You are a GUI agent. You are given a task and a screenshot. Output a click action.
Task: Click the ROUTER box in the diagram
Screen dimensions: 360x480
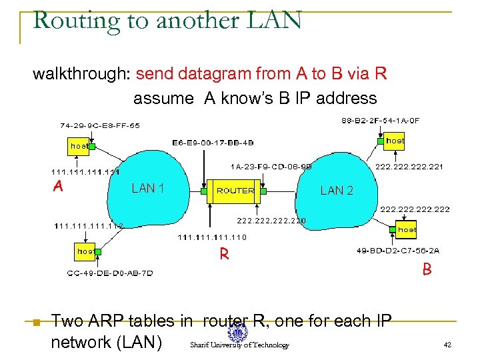tap(235, 191)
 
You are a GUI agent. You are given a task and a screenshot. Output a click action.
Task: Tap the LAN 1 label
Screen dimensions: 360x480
tap(148, 189)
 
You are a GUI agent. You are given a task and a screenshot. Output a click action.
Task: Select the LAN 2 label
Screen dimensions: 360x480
tap(337, 191)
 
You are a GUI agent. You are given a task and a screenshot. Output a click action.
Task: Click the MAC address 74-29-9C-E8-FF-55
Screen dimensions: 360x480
tap(100, 125)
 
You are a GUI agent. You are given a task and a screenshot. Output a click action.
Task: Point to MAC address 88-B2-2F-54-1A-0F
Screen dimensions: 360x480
tap(381, 121)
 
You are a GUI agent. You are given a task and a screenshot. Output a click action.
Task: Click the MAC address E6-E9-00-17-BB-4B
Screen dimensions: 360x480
tap(213, 143)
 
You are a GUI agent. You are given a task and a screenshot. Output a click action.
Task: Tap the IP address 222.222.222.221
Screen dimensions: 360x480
tap(410, 167)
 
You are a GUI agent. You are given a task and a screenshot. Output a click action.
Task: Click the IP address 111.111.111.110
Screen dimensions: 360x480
tap(212, 237)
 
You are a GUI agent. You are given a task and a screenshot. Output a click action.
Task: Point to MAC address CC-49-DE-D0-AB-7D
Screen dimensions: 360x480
tap(110, 273)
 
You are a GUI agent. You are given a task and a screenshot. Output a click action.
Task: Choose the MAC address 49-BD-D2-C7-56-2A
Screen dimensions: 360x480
tap(399, 251)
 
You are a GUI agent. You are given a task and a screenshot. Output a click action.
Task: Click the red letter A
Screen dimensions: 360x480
tap(58, 187)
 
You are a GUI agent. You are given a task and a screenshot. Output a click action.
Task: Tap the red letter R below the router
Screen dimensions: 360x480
tap(225, 254)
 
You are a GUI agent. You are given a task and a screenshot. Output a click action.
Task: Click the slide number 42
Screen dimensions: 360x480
tap(447, 345)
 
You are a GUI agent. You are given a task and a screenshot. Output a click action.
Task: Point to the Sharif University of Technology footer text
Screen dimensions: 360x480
tap(239, 345)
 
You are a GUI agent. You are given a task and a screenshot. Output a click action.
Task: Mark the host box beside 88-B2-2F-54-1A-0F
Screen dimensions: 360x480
tap(395, 141)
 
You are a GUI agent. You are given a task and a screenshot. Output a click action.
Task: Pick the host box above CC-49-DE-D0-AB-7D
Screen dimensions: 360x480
tap(85, 251)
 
